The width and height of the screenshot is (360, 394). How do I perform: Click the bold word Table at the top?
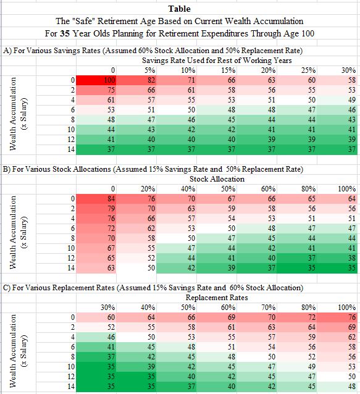[179, 9]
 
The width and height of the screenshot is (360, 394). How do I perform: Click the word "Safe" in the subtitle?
[83, 21]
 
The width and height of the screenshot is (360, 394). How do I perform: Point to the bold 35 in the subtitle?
[65, 33]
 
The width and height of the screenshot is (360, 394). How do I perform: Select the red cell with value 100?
[96, 80]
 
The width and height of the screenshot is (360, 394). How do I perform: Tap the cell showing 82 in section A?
[136, 80]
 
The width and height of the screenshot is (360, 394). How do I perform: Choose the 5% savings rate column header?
[149, 70]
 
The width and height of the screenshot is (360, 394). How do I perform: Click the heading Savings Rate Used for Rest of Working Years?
[217, 61]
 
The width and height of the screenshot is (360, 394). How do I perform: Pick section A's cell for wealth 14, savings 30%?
[337, 149]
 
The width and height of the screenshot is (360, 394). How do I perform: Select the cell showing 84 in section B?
[96, 199]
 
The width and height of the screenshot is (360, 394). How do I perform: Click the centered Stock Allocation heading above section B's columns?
[217, 179]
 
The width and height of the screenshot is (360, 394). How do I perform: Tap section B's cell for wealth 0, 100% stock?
[337, 199]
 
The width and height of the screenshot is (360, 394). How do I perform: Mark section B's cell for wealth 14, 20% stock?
[136, 268]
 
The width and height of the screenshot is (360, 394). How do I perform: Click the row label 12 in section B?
[71, 258]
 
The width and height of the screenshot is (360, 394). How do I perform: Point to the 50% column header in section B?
[228, 189]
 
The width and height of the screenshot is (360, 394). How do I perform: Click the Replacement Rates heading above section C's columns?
[217, 298]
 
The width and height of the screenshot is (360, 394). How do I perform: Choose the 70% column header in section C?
[269, 308]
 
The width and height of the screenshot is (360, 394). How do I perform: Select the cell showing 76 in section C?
[337, 317]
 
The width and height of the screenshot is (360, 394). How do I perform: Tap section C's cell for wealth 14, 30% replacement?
[96, 387]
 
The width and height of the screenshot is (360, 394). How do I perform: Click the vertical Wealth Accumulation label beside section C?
[12, 351]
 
